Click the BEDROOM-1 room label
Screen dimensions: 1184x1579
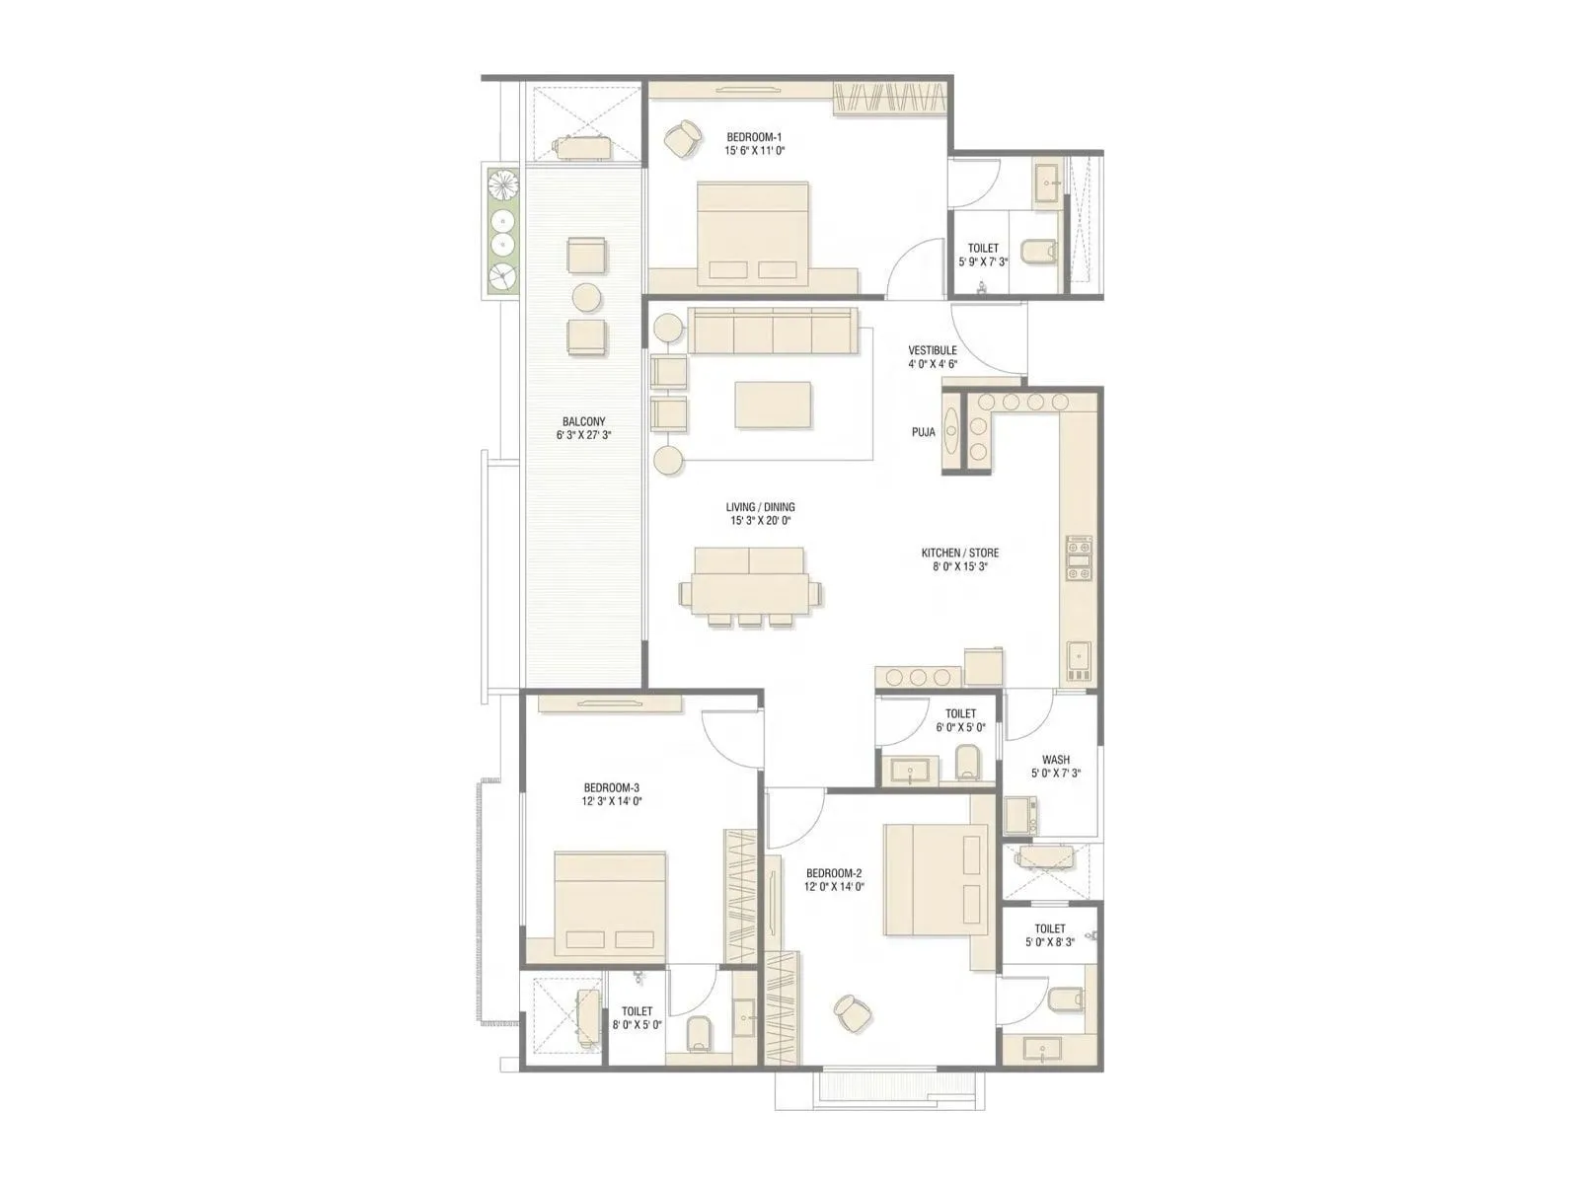754,137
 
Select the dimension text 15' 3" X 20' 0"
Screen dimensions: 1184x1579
760,520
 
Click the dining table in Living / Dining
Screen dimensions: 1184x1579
749,585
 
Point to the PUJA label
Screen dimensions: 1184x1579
923,432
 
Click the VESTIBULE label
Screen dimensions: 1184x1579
933,350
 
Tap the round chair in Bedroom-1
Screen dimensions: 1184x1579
680,138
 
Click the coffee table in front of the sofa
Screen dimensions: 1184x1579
773,405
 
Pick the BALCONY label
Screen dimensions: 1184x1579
584,421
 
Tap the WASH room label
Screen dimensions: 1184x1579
1055,760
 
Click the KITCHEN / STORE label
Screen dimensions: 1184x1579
959,553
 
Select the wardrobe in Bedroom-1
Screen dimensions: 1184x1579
892,98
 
